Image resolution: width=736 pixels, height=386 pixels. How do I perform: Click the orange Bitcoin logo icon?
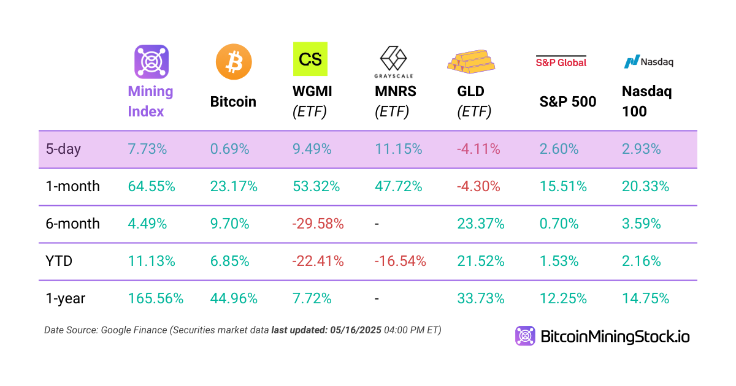pyautogui.click(x=234, y=61)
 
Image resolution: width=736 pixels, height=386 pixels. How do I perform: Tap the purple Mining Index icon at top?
pyautogui.click(x=151, y=61)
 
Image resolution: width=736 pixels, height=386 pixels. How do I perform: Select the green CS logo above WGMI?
pyautogui.click(x=310, y=59)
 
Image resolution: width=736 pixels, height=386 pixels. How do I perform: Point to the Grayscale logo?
pyautogui.click(x=394, y=62)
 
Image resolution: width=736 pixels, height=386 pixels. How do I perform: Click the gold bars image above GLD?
pyautogui.click(x=470, y=60)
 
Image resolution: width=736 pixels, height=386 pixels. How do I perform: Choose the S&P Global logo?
pyautogui.click(x=561, y=61)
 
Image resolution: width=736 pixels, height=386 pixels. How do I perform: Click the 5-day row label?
pyautogui.click(x=63, y=149)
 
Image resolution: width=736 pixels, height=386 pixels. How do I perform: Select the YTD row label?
pyautogui.click(x=59, y=261)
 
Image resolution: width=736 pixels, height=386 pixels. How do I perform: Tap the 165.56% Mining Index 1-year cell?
pyautogui.click(x=156, y=298)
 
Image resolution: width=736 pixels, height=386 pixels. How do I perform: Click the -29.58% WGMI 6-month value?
pyautogui.click(x=318, y=224)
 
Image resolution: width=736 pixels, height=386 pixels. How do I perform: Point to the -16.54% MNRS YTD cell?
pyautogui.click(x=400, y=261)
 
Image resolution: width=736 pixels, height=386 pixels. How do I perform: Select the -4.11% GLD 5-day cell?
pyautogui.click(x=479, y=149)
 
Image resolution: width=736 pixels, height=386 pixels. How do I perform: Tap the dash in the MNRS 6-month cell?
pyautogui.click(x=377, y=224)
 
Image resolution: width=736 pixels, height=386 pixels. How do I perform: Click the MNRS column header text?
pyautogui.click(x=396, y=92)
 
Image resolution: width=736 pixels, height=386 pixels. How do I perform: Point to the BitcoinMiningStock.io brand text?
pyautogui.click(x=615, y=336)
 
